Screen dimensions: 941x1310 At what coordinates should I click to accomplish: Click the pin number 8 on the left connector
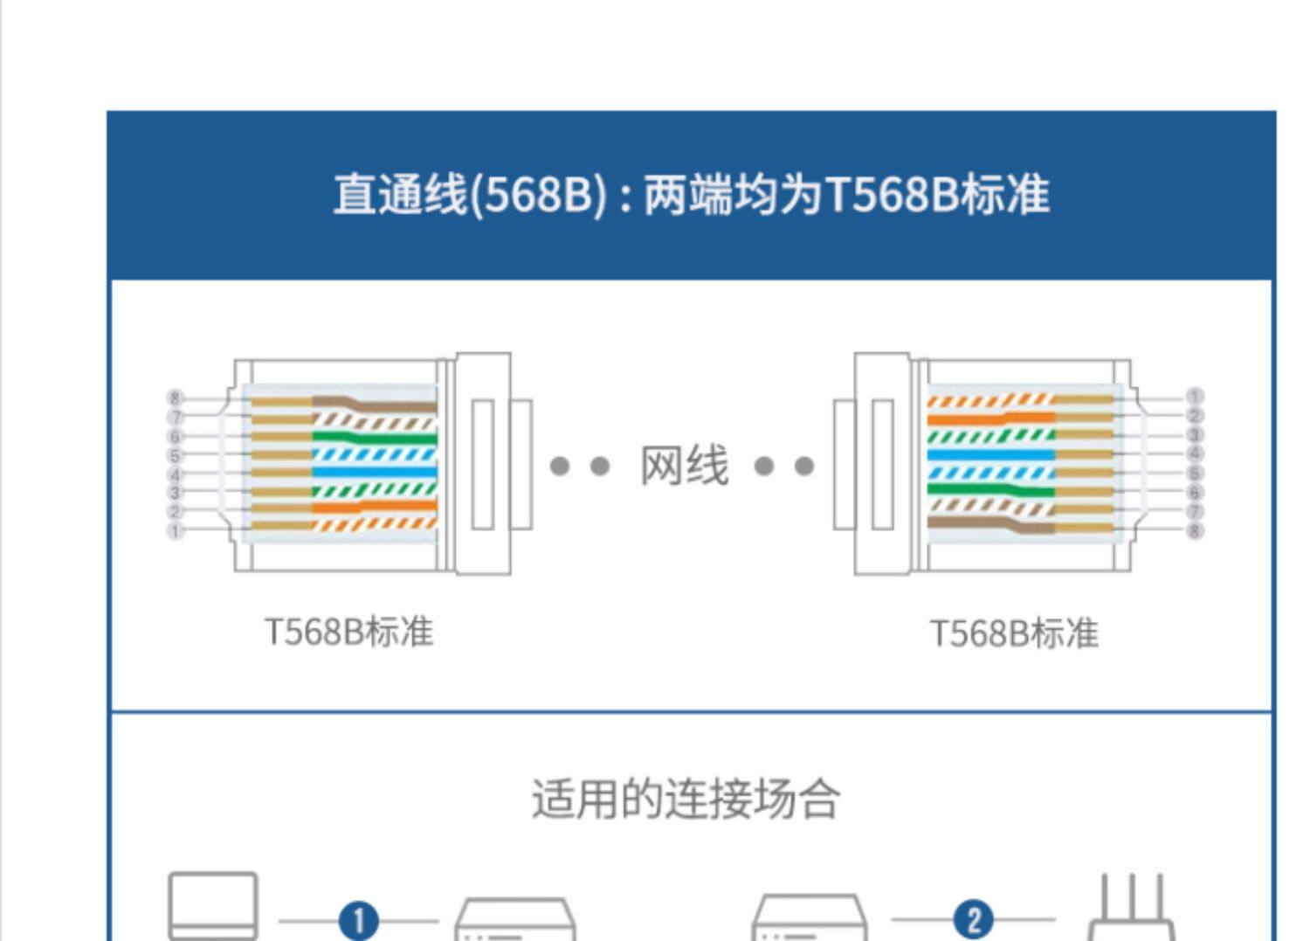[x=175, y=398]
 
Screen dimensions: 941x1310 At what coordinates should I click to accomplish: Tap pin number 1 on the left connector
[x=175, y=530]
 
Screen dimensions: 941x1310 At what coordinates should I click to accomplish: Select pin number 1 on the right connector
[x=1195, y=397]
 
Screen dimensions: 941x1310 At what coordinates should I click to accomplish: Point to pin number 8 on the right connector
[x=1195, y=529]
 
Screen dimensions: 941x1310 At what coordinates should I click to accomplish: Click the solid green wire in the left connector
[x=376, y=437]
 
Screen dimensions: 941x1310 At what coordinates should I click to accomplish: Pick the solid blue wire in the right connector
[x=991, y=454]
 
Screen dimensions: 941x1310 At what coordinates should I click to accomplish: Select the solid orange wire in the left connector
[x=376, y=507]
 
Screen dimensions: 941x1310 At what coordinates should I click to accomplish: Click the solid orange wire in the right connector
[x=991, y=418]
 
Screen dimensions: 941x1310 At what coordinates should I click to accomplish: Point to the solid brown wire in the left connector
[x=393, y=406]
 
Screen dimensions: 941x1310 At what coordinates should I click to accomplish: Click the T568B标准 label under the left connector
[x=348, y=632]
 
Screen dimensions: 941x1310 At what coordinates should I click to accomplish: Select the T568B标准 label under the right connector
[x=1014, y=633]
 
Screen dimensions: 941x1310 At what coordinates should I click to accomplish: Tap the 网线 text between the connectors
[x=684, y=465]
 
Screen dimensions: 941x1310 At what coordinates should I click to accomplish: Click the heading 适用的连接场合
[x=686, y=799]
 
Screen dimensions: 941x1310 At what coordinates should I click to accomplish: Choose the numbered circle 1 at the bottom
[x=359, y=921]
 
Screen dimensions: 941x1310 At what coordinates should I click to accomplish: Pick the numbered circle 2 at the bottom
[x=974, y=919]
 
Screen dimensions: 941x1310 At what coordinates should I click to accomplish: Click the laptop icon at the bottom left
[x=213, y=905]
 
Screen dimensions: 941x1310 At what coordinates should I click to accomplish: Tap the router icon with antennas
[x=1131, y=913]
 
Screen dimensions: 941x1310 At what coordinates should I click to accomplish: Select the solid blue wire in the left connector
[x=376, y=473]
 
